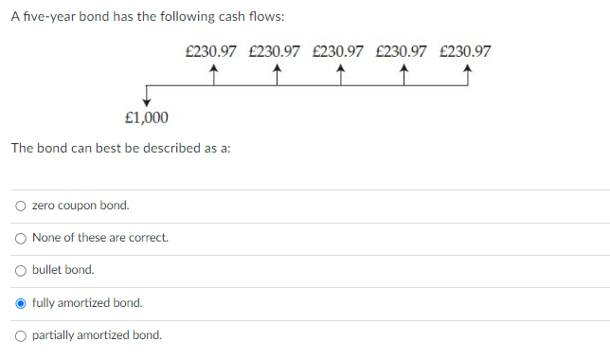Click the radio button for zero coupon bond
pos(21,206)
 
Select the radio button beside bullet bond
pos(21,270)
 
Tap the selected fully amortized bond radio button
pos(21,303)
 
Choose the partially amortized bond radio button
pos(21,335)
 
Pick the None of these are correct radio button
pos(21,238)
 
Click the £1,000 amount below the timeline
pos(147,118)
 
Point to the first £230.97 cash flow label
pos(211,51)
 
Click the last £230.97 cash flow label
pos(466,51)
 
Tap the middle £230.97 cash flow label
pos(338,51)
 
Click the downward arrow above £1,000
pos(147,97)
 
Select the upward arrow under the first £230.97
pos(213,76)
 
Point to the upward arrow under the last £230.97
pos(467,76)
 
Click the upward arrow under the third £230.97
pos(340,76)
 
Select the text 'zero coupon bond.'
pos(81,206)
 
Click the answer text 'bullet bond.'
pos(63,270)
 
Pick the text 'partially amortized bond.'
pos(97,335)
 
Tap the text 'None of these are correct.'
pos(100,238)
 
